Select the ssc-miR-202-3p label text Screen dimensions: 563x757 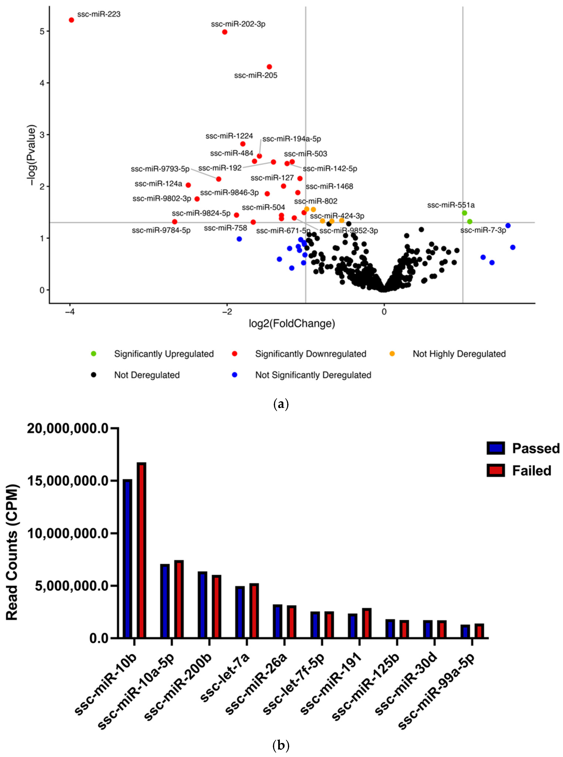(x=238, y=24)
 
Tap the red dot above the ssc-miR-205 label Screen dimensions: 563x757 (x=269, y=67)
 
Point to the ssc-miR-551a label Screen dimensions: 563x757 (x=451, y=205)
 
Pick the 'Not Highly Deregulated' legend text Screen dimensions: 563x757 (x=459, y=354)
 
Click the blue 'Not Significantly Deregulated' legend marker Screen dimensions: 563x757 (x=235, y=375)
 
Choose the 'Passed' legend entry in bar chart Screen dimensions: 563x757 (x=523, y=448)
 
